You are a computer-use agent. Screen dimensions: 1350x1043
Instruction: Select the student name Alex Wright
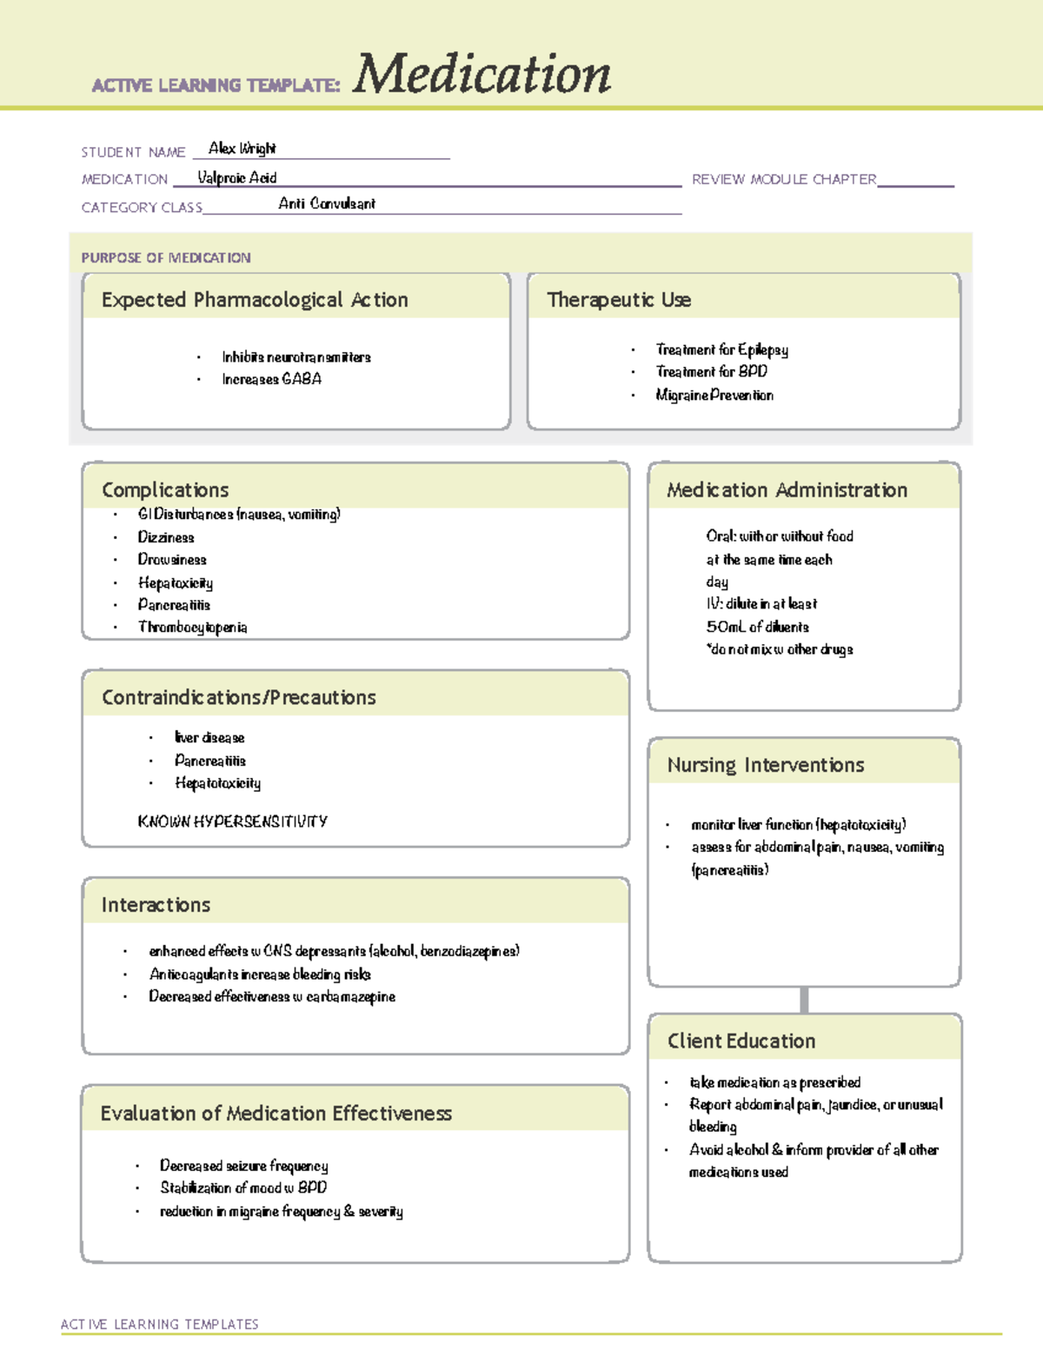(242, 149)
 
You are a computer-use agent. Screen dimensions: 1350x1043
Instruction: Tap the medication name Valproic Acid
(236, 178)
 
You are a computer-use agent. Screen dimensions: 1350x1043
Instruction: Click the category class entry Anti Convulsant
(327, 204)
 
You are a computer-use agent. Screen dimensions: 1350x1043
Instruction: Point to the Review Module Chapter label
(783, 179)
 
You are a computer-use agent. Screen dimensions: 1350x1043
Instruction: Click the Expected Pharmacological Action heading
(255, 300)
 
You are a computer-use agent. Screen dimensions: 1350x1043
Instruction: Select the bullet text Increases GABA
(271, 379)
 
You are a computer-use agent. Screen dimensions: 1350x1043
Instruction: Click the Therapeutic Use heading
(619, 300)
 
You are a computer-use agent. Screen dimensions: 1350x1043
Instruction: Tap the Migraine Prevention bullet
(714, 396)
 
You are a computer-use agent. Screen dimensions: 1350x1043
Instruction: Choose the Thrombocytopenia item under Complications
(192, 628)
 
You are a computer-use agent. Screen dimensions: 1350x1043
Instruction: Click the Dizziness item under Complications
(166, 538)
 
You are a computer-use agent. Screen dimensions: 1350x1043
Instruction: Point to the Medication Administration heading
(787, 490)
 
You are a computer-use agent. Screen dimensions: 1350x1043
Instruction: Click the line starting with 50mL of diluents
(757, 627)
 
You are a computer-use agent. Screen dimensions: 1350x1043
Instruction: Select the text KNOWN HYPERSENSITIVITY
(232, 821)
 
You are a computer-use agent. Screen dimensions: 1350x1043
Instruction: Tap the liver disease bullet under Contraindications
(209, 738)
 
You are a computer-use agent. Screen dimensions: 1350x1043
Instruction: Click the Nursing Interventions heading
(765, 765)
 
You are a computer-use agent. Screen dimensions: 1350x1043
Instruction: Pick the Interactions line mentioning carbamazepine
(272, 997)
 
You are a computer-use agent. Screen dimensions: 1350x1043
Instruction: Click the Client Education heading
(741, 1041)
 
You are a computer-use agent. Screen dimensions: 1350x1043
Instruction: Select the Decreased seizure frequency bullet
(243, 1166)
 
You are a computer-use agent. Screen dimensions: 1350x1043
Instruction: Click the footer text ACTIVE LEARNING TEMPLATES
(160, 1324)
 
